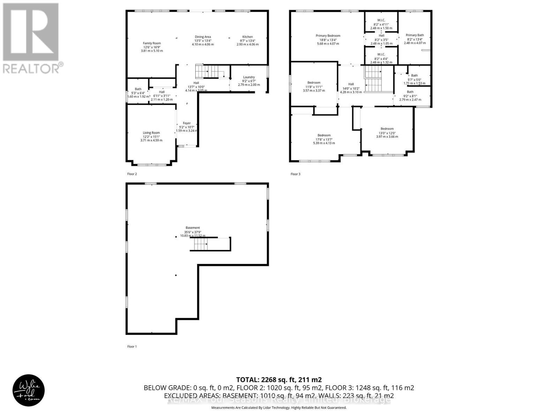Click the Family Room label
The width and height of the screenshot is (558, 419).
pos(152,43)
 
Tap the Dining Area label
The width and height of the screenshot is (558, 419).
pos(203,37)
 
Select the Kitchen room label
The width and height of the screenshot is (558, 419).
pos(248,37)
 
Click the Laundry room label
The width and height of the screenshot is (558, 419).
pos(249,77)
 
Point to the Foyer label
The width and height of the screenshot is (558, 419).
pos(187,123)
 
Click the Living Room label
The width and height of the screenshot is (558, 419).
pos(151,133)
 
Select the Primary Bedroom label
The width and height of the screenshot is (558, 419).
pos(328,36)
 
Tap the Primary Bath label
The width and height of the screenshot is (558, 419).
pos(415,35)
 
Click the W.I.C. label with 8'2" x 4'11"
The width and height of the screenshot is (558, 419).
pos(381,20)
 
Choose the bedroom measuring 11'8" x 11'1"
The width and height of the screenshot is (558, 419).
pos(314,83)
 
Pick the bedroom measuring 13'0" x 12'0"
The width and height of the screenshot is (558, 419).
pos(387,129)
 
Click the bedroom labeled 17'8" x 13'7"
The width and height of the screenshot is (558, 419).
pos(324,135)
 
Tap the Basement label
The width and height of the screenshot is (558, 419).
pos(193,228)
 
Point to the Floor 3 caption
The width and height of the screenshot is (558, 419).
pos(295,174)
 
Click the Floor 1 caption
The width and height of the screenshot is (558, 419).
pos(132,346)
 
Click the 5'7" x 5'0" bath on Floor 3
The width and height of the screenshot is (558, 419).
pos(414,75)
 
